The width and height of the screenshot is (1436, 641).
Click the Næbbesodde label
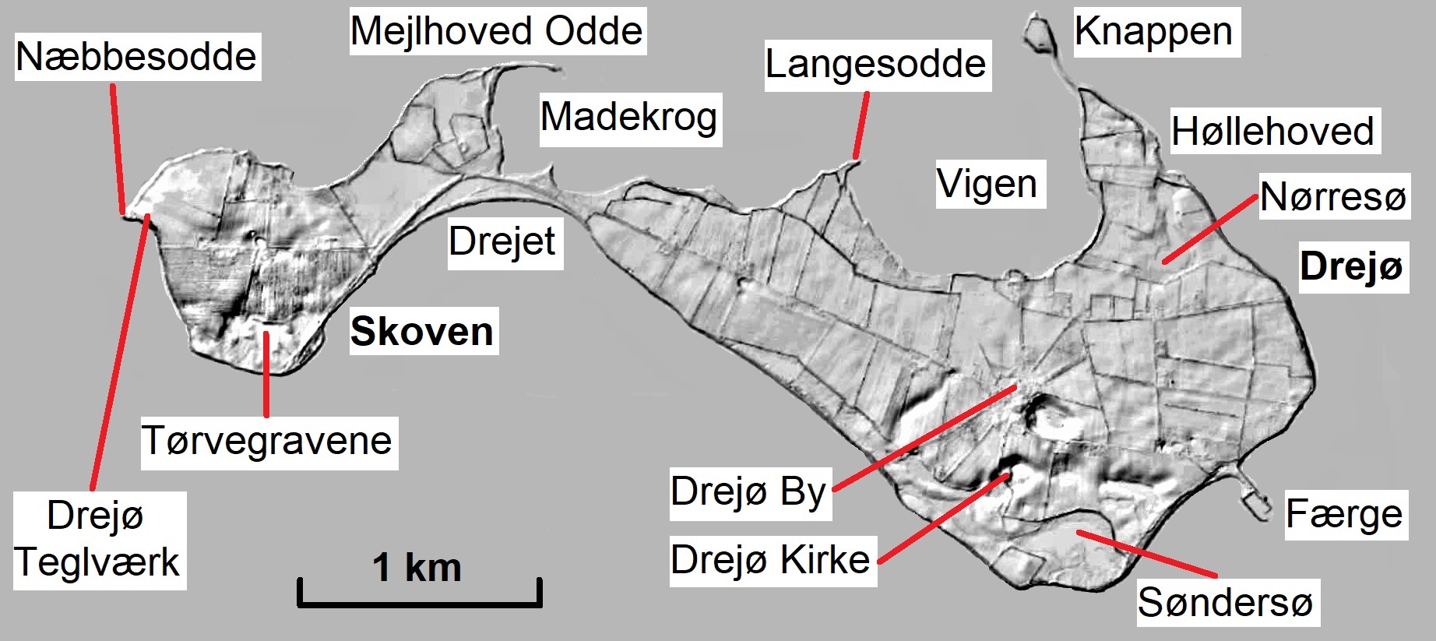137,57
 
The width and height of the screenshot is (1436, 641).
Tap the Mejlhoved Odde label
497,31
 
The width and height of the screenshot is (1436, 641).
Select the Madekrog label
629,118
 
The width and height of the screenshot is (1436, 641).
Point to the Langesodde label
876,64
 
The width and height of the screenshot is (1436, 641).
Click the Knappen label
1154,32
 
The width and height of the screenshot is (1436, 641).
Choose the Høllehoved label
1273,131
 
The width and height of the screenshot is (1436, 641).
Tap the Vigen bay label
987,185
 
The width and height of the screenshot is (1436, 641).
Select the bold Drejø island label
1352,266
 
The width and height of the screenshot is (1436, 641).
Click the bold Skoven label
422,332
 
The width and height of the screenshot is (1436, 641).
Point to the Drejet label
502,241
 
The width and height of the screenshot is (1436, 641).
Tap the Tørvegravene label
267,441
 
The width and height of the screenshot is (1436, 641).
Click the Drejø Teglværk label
98,539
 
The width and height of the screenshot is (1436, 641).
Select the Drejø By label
748,491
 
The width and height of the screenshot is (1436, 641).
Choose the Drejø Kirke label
770,559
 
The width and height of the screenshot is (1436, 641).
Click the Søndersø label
1226,602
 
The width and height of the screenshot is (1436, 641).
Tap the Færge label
1344,514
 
